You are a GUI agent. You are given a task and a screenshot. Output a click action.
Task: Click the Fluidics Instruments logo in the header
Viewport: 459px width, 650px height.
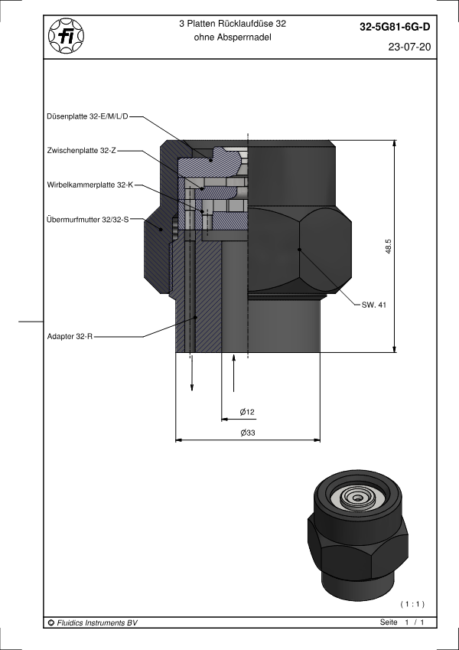coord(67,36)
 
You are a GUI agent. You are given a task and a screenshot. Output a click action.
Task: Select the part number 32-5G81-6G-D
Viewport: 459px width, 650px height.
coord(395,28)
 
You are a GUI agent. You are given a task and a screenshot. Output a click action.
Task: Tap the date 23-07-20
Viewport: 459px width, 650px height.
coord(409,47)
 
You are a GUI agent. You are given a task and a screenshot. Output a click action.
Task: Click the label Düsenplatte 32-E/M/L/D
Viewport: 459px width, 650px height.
coord(88,117)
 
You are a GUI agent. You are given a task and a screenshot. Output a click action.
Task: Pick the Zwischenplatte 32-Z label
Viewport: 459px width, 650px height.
coord(82,151)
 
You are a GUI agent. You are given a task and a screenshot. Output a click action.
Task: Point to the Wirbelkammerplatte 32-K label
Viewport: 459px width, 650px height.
coord(90,185)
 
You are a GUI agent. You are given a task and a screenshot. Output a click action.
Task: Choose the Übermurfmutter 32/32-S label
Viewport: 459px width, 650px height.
coord(88,220)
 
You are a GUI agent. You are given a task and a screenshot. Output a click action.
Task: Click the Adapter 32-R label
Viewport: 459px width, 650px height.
coord(70,337)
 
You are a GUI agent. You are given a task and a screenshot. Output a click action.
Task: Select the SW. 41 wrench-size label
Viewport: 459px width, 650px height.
coord(373,305)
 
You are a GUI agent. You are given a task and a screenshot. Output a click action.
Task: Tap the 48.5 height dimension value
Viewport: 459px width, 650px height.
coord(388,247)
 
